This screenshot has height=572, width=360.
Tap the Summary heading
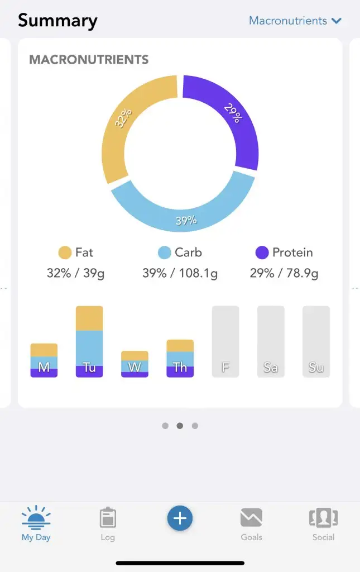57,21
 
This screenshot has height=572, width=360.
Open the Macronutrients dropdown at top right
295,21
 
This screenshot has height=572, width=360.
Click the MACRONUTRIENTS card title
89,59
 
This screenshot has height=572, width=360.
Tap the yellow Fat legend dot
65,252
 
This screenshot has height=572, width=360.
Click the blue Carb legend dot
165,252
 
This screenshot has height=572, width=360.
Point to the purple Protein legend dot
262,252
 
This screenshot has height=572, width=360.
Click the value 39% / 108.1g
180,273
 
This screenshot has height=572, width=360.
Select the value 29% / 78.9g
284,273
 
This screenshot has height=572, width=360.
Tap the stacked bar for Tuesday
89,341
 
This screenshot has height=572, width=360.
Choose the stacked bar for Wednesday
135,364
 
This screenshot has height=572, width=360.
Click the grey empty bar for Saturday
271,341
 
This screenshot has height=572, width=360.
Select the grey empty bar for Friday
225,341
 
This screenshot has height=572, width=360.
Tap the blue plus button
180,518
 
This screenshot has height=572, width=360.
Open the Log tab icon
108,518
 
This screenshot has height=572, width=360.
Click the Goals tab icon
251,518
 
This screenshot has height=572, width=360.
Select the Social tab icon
324,518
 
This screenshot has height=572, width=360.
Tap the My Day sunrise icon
36,518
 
